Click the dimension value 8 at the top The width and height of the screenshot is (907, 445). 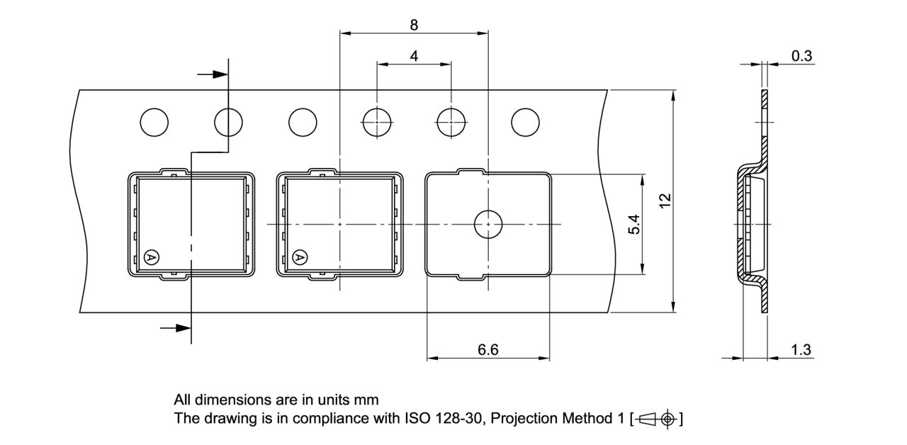click(x=414, y=25)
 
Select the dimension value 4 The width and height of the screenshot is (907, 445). click(x=414, y=56)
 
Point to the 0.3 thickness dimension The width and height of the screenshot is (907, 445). click(x=801, y=56)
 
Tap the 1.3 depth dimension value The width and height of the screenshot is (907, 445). click(x=801, y=349)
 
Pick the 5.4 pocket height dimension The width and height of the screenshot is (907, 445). click(x=634, y=224)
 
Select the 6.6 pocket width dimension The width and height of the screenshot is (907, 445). click(x=488, y=349)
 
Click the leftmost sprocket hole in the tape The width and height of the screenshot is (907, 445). click(x=154, y=122)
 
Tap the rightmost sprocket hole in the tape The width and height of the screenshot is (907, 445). click(x=525, y=122)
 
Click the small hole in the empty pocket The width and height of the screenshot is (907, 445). click(x=488, y=224)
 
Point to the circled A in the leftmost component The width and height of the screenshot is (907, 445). click(x=151, y=257)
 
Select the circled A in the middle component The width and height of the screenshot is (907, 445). click(x=300, y=257)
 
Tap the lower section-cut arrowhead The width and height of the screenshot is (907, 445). click(x=182, y=327)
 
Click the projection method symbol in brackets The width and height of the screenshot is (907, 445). click(x=656, y=419)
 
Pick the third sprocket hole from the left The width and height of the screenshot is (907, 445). click(x=303, y=122)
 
